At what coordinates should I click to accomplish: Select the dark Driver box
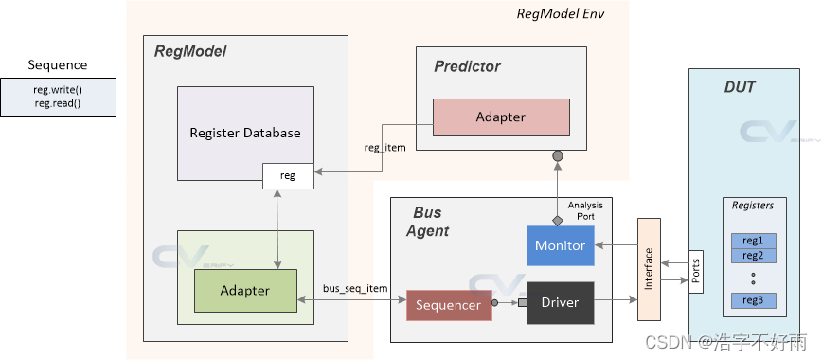coord(560,303)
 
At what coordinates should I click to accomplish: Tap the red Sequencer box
coord(449,304)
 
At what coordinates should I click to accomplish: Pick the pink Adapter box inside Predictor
coord(500,117)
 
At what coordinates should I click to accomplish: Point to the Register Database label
coord(244,133)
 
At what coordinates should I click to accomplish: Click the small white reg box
coord(287,175)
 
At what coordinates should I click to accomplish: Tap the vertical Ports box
coord(695,273)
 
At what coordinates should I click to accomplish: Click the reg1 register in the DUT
coord(753,241)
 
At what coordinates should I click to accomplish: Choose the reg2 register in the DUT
coord(753,255)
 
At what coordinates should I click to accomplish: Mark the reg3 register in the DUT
coord(753,301)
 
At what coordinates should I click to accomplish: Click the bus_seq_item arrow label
coord(357,287)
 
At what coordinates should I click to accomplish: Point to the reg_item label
coord(384,147)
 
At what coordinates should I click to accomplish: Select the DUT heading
coord(740,86)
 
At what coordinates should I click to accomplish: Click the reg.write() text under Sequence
coord(58,89)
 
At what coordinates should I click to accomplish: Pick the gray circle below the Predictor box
coord(558,155)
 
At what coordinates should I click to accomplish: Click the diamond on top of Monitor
coord(558,220)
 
